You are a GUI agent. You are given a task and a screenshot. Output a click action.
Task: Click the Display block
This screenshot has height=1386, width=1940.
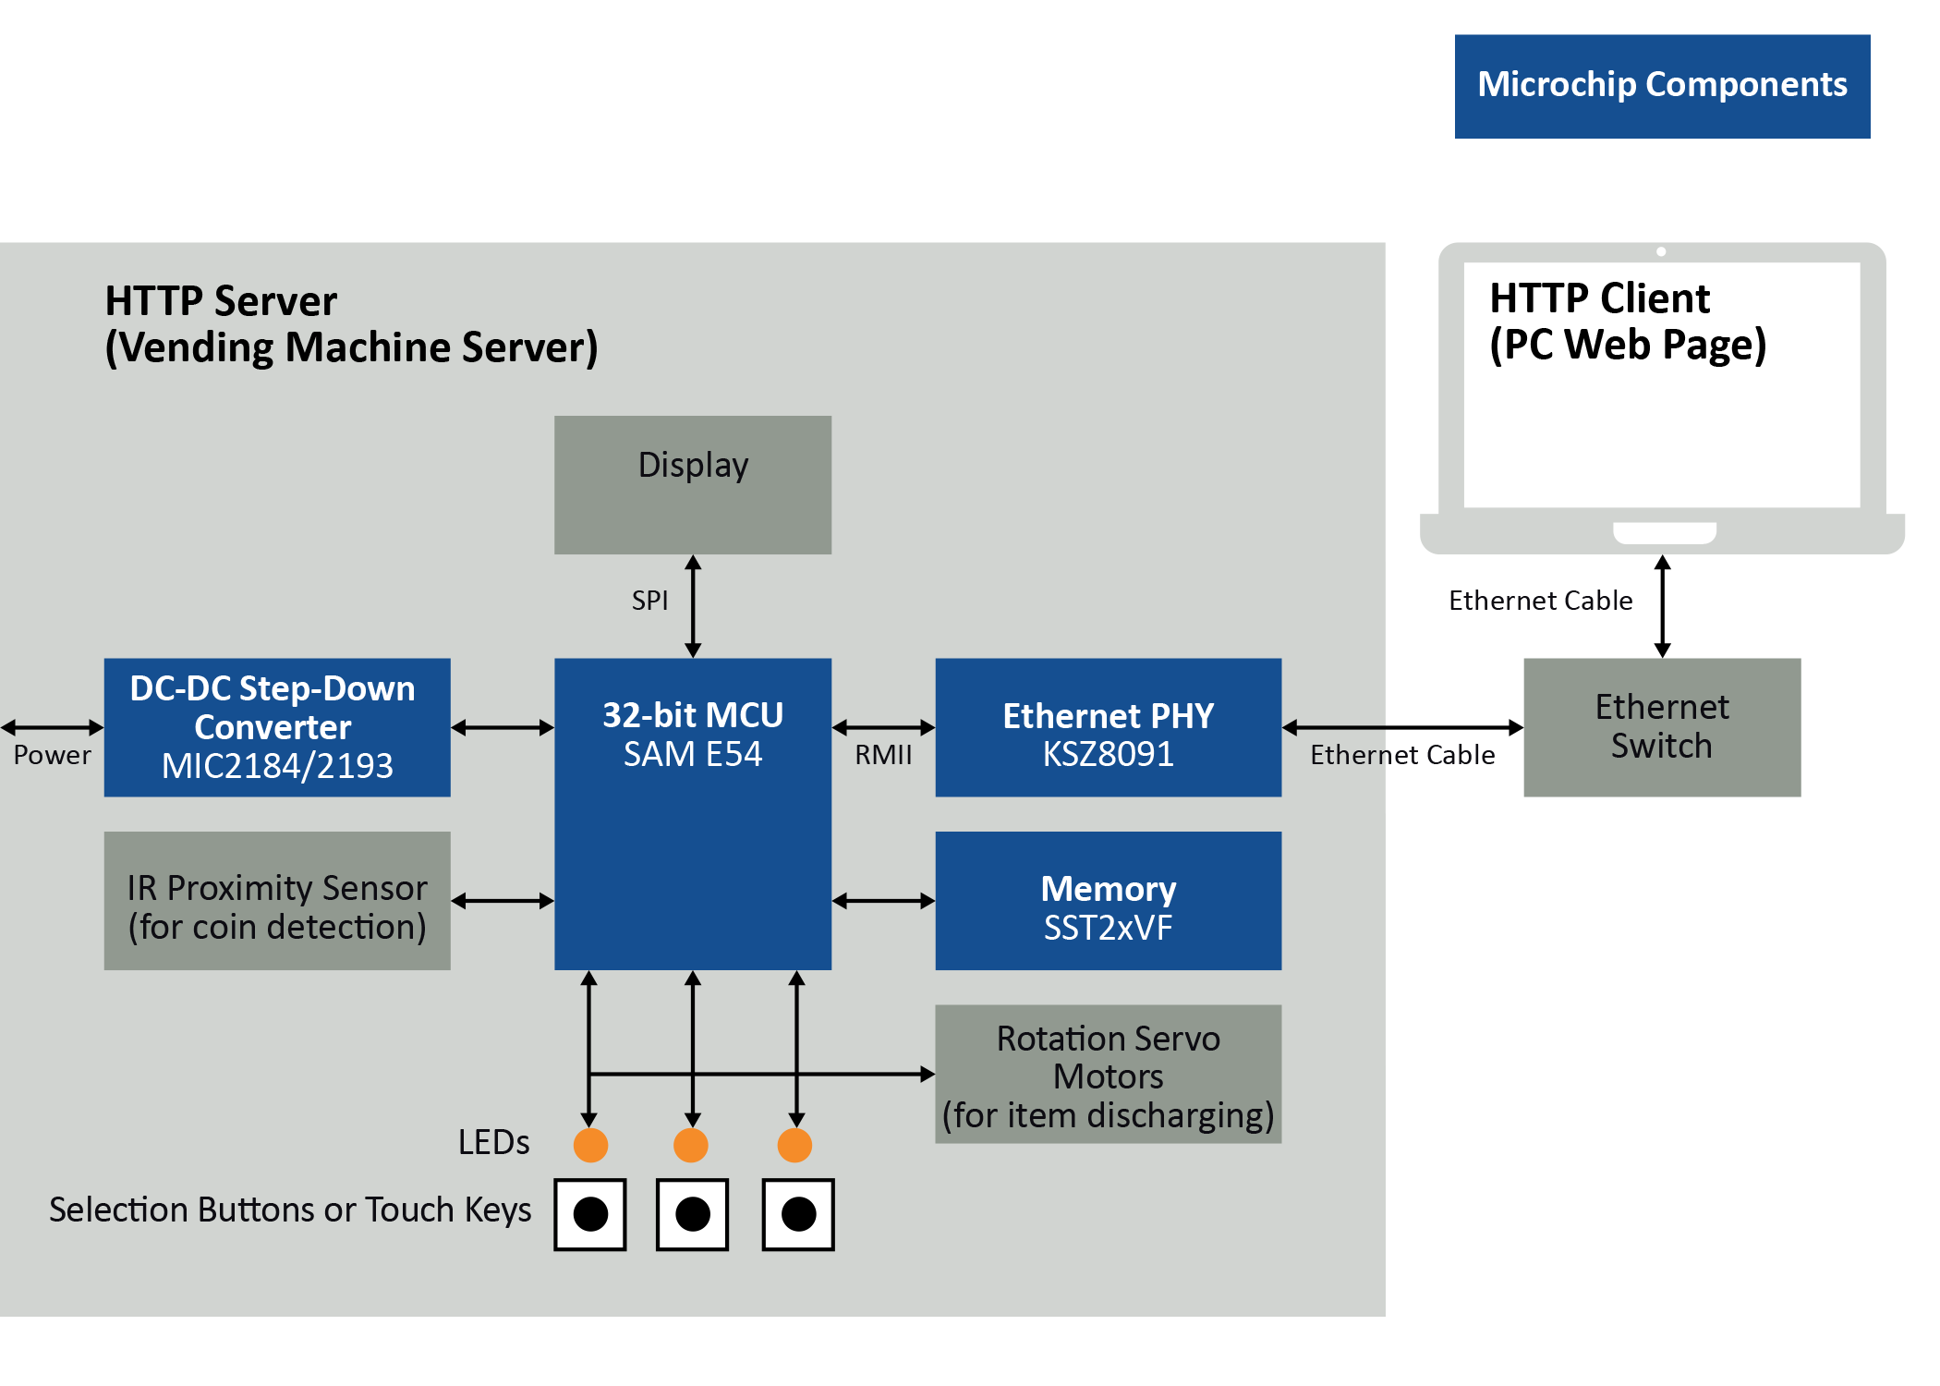692,484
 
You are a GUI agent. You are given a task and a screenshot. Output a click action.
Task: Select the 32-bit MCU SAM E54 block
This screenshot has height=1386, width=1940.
692,813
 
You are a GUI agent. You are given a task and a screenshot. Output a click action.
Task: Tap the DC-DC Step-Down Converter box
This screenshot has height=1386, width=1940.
276,727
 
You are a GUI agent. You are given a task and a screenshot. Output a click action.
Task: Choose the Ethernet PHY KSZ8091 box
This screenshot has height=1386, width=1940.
1108,727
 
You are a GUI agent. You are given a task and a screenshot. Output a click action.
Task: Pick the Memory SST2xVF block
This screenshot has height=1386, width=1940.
1108,900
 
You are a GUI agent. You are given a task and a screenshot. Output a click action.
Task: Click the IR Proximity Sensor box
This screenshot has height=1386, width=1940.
276,900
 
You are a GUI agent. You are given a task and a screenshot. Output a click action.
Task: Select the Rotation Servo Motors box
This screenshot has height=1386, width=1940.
1108,1074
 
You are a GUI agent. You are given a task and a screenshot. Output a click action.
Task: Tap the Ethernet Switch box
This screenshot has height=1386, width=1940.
1661,727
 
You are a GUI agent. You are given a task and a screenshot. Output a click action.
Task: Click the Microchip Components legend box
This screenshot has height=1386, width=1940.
1661,86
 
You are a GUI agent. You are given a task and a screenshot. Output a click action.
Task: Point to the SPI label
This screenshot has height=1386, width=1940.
649,601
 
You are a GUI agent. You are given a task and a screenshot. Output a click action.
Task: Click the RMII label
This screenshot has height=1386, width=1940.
882,755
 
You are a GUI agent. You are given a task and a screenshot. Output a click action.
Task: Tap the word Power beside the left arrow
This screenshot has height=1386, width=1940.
53,755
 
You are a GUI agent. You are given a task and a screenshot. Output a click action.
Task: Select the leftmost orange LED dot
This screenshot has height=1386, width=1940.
590,1145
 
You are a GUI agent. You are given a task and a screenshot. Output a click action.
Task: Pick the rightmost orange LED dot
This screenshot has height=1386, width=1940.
794,1145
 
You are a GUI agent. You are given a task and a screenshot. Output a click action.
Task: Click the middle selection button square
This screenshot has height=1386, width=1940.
692,1214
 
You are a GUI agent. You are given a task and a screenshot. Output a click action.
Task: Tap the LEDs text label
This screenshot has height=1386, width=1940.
493,1143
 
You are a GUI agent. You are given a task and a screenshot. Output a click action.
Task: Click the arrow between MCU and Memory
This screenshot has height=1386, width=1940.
882,900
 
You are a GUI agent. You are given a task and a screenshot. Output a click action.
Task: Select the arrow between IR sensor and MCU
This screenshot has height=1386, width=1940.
502,900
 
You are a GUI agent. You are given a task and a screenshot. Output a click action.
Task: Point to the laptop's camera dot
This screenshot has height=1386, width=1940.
1661,251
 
